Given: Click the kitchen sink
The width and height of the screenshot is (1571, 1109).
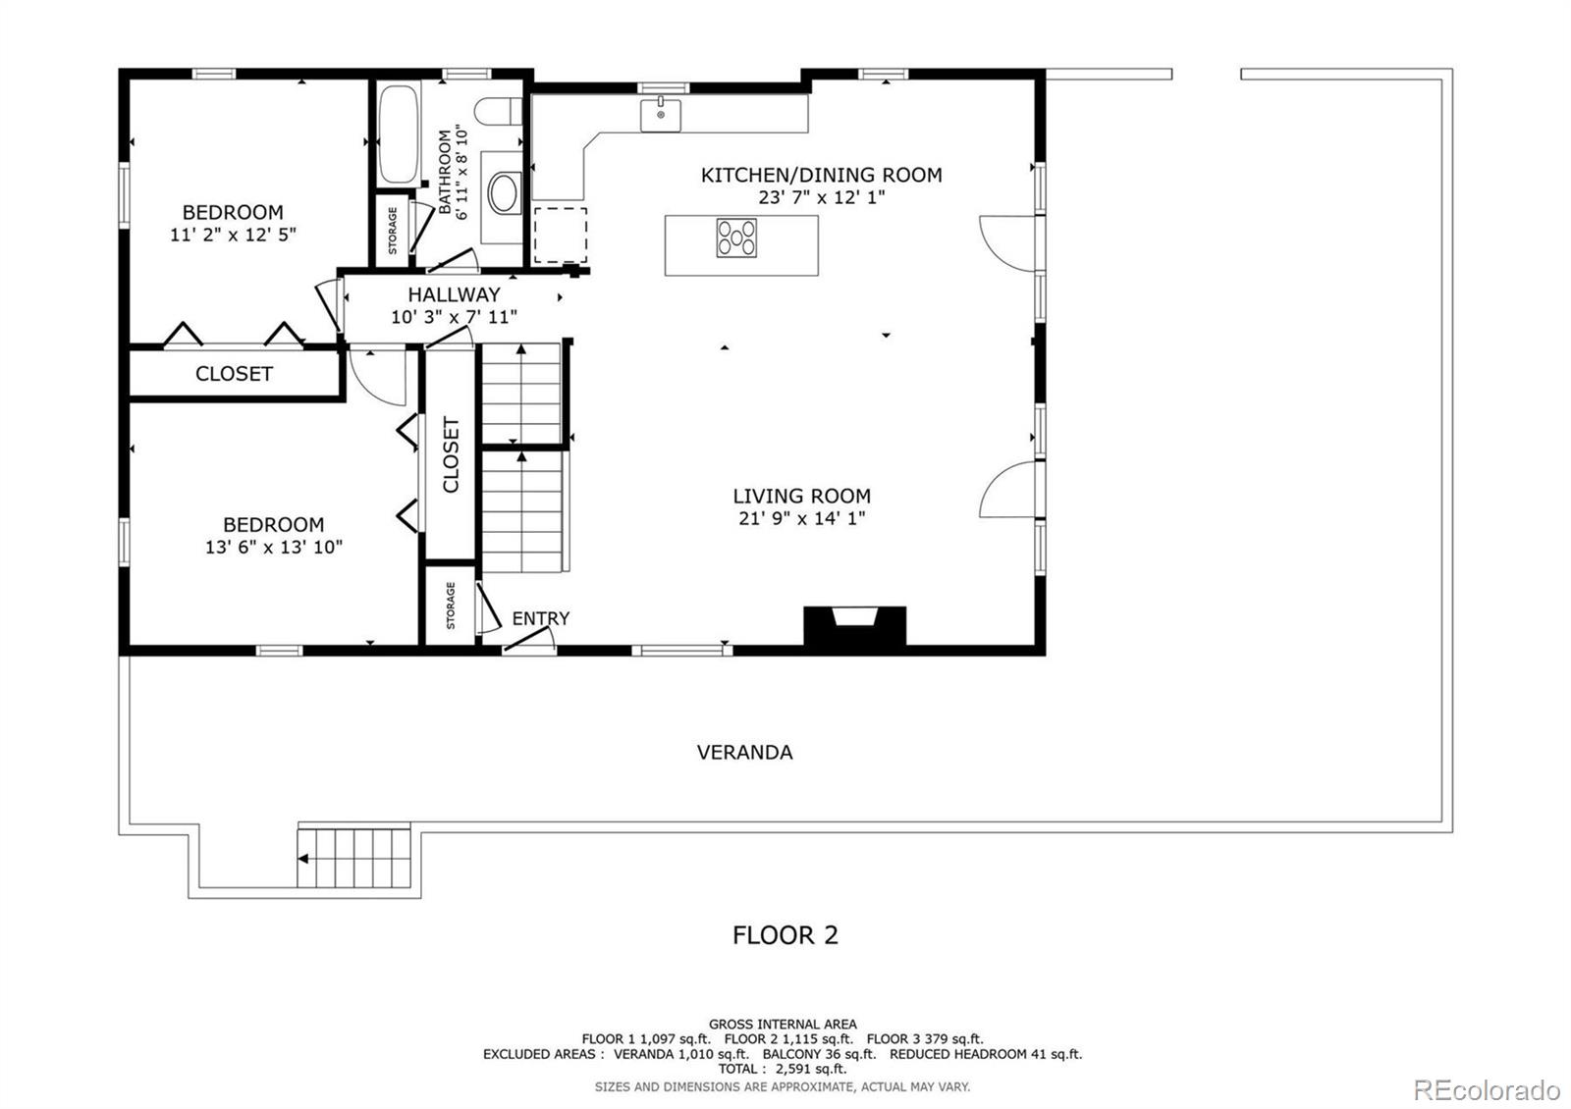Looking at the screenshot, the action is point(660,115).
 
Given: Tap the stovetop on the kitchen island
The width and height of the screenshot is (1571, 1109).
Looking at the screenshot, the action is point(736,238).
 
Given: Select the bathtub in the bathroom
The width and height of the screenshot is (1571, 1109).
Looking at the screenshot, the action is point(399,134).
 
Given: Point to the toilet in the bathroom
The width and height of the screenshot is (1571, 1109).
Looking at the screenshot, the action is point(499,111).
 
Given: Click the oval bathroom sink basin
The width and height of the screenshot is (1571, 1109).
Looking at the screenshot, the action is point(504,192).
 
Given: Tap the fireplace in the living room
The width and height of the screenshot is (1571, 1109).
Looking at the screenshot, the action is point(854,626).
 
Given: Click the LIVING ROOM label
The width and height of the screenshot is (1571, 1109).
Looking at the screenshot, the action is point(801,497).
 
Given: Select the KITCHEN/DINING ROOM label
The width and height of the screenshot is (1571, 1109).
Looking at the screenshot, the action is point(821,176).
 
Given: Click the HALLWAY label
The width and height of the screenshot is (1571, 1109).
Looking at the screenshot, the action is point(455,294).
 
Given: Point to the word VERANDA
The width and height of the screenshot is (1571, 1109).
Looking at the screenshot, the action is point(745,752).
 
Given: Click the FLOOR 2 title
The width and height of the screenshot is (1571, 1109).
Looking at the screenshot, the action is point(785,935).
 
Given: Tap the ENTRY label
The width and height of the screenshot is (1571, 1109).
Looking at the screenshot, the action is point(541,618).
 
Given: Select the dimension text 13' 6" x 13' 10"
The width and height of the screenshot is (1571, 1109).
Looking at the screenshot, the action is point(274,547).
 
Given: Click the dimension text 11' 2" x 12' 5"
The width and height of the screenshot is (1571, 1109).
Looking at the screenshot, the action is point(233,235).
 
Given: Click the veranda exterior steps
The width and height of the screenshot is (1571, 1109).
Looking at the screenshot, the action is point(354,858).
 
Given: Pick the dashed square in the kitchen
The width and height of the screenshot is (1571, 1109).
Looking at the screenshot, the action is point(561,235).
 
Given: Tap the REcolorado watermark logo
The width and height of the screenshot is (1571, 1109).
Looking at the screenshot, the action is point(1487,1090).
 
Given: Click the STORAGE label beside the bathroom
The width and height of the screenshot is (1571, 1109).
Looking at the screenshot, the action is point(393,231).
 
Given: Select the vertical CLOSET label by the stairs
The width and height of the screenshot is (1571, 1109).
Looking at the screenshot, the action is point(451,454).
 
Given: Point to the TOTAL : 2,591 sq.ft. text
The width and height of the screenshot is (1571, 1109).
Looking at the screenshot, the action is point(782,1069).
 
